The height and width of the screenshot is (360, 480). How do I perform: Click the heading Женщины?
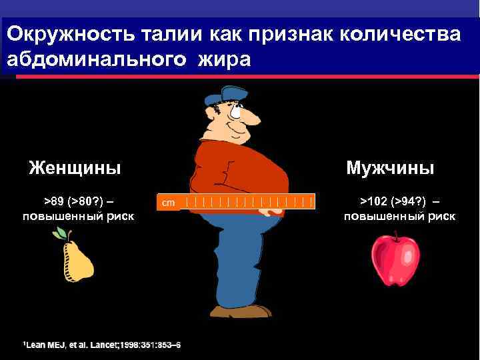(x=75, y=167)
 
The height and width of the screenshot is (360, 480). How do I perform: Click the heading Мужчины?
(x=390, y=167)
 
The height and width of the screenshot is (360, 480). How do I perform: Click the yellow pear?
(x=77, y=261)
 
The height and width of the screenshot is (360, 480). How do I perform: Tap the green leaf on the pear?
(x=61, y=233)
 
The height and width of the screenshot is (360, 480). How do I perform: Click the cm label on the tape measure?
(x=169, y=201)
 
